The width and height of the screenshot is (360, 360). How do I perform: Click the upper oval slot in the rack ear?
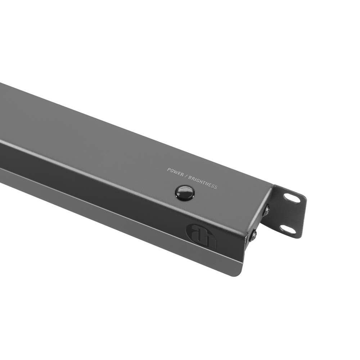coord(292,198)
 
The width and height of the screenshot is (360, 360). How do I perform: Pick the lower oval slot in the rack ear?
coord(288,229)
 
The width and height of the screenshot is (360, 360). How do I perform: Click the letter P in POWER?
coord(168,169)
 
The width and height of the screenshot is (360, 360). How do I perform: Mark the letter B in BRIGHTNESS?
coord(190,177)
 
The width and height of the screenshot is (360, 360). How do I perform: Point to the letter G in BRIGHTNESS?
coord(198,180)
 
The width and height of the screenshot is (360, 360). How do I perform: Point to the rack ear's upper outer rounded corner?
coord(304,198)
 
